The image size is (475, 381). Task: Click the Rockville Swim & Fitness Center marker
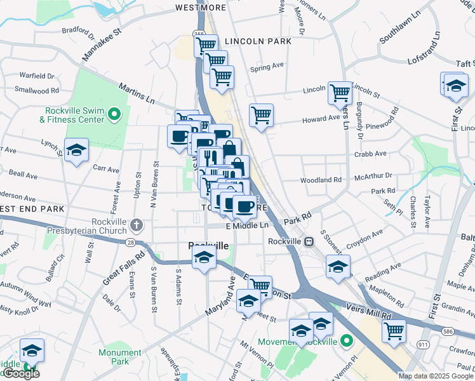pos(114,114)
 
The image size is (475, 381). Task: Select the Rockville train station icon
pos(309,241)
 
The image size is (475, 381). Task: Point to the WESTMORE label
pos(201,8)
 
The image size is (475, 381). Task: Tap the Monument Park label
pos(120,357)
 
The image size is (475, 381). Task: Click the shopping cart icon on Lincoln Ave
pos(340,92)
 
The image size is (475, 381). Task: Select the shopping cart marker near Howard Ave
pos(261,115)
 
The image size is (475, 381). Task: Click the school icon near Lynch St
pos(77,150)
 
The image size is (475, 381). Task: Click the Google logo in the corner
pos(20,373)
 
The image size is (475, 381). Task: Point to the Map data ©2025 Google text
pos(436,376)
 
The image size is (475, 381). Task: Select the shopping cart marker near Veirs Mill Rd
pos(394,331)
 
